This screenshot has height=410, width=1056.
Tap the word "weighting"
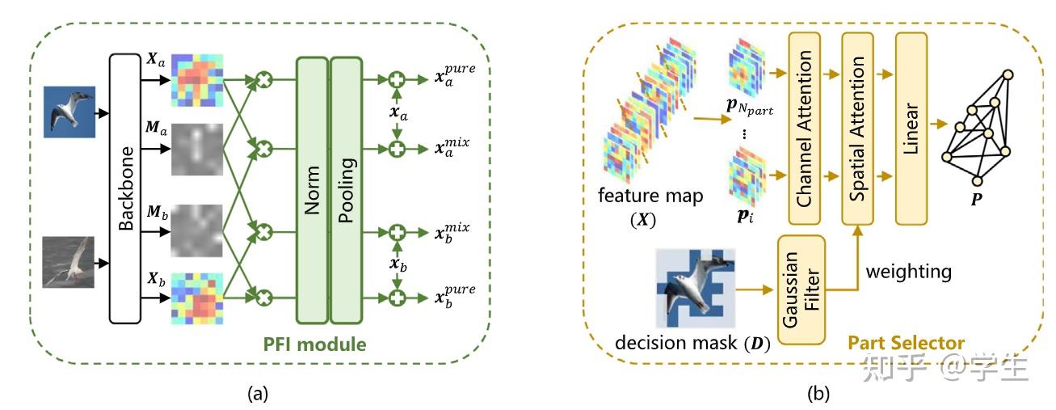[908, 272]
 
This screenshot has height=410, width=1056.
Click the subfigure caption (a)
[257, 394]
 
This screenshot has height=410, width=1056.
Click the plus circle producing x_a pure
[397, 80]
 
